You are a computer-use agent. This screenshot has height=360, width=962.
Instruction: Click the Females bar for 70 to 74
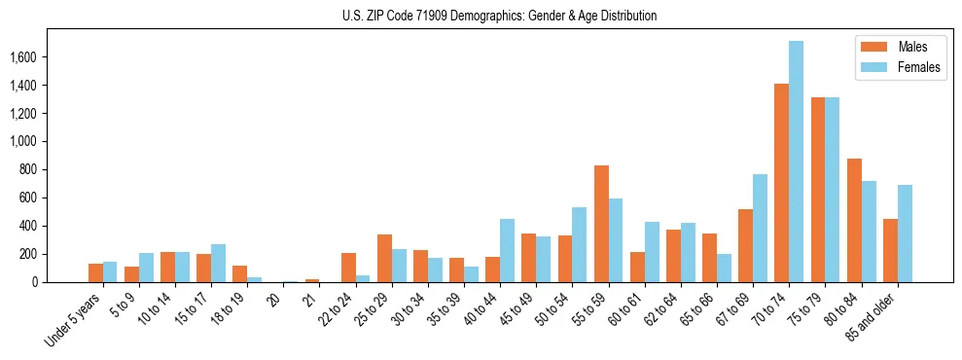797,162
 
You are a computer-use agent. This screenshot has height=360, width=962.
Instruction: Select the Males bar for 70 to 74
782,183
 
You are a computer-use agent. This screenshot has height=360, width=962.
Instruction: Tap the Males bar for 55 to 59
601,224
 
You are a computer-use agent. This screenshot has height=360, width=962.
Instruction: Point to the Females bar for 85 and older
906,234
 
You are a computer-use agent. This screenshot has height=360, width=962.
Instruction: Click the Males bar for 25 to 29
385,258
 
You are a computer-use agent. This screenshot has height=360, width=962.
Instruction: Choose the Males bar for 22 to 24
349,268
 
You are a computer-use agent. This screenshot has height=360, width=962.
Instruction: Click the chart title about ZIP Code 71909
500,16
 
